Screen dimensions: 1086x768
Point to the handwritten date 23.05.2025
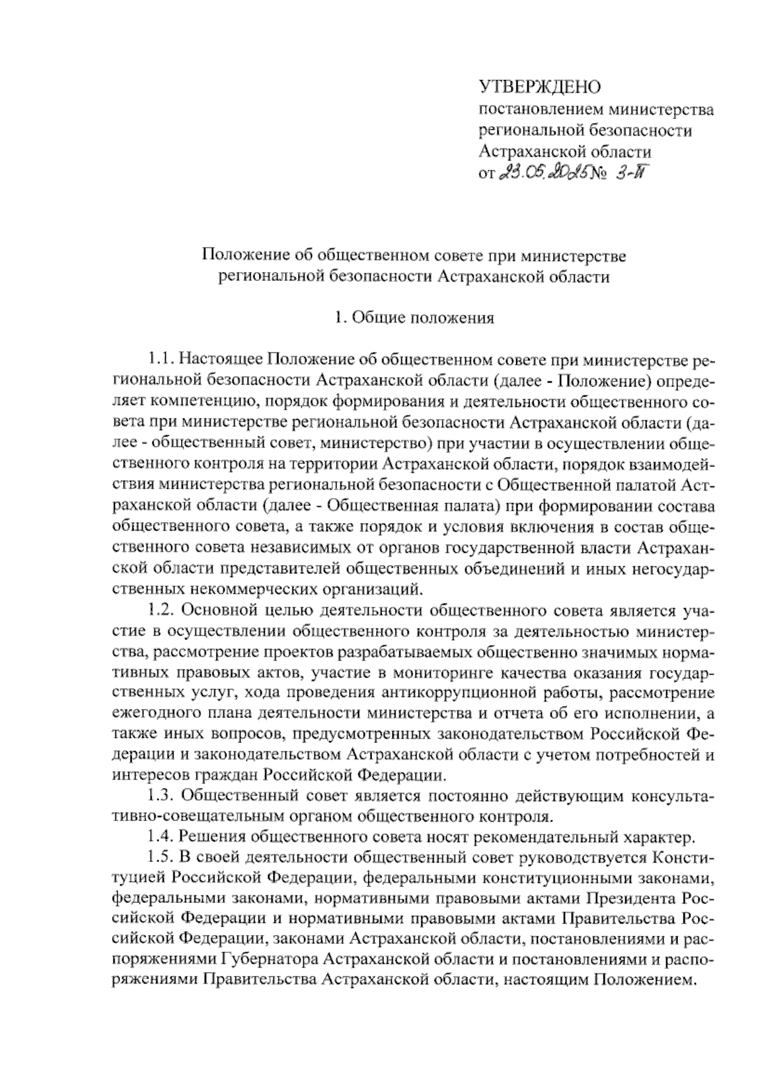coord(541,173)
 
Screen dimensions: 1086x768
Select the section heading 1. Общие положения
coord(415,318)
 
